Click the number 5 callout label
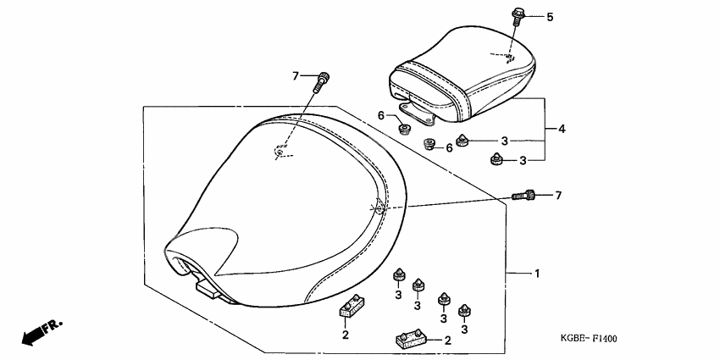(549, 17)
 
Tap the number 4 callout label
(561, 130)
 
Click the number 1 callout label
(536, 274)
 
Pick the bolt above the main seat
(322, 83)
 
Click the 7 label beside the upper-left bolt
(296, 76)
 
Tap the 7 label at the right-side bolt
(558, 196)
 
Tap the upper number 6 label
(381, 115)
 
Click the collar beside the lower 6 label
(429, 143)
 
